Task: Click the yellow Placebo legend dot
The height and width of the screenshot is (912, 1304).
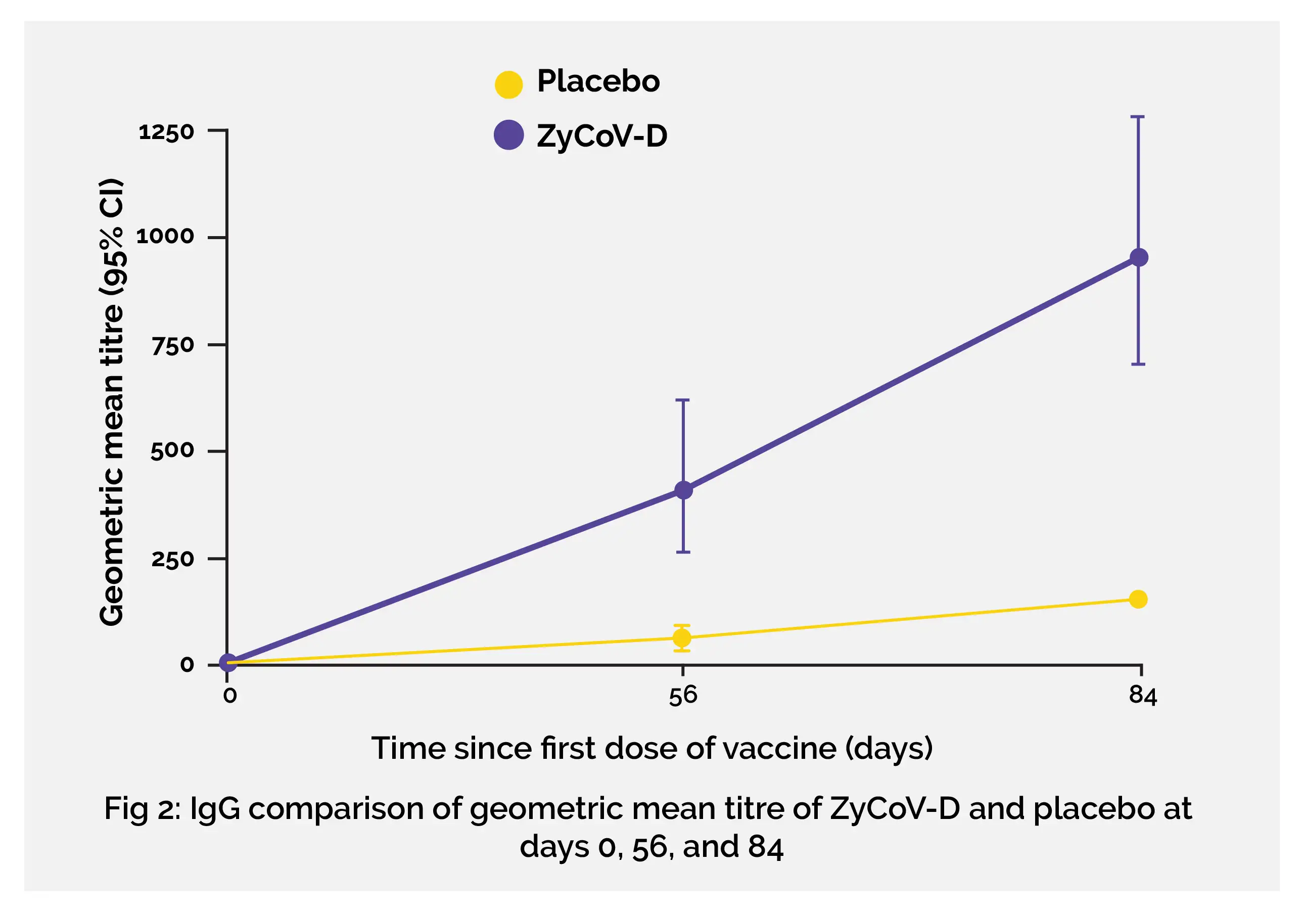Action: tap(508, 84)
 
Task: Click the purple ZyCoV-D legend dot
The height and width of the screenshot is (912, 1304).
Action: tap(508, 135)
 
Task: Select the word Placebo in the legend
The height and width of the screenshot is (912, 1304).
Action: tap(598, 81)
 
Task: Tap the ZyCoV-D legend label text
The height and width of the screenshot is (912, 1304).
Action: tap(602, 136)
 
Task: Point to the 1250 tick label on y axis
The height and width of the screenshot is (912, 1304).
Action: tap(166, 132)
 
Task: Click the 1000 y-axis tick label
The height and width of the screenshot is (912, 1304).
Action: tap(165, 237)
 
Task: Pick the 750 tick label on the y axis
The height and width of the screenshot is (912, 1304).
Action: tap(173, 345)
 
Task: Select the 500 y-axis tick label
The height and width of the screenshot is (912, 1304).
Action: tap(172, 450)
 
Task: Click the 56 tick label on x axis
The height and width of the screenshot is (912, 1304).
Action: tap(683, 696)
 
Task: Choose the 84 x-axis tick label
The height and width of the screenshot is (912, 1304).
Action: tap(1143, 696)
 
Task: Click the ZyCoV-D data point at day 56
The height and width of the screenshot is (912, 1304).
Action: tap(683, 490)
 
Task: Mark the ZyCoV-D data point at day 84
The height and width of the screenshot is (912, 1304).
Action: tap(1139, 257)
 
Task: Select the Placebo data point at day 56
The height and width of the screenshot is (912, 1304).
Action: tap(682, 638)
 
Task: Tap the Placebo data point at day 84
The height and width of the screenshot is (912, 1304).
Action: tap(1138, 599)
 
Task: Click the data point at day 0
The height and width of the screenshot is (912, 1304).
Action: tap(228, 662)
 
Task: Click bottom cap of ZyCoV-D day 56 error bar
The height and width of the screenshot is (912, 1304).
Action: tap(683, 552)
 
